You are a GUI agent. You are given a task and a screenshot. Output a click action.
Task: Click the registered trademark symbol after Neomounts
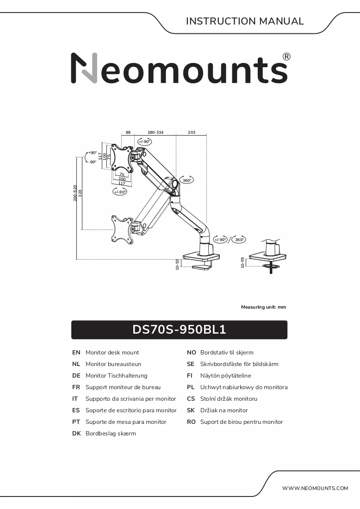286,57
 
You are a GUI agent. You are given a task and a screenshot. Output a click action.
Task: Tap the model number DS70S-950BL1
179,329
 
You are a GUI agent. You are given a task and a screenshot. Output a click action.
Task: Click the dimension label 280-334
155,132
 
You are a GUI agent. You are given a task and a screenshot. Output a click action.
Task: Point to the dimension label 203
192,132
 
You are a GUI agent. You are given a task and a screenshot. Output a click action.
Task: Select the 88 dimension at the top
128,132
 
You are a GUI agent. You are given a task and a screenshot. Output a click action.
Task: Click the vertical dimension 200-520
75,193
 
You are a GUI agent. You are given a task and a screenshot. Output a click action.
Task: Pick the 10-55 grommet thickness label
242,263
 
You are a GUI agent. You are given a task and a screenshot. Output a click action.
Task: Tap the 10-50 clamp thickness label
177,264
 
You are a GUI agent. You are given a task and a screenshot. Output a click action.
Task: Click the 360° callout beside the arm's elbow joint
186,180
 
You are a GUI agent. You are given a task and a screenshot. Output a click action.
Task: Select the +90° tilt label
93,153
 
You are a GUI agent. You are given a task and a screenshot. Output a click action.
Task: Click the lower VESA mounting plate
122,229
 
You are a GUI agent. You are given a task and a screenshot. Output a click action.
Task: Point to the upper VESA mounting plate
122,157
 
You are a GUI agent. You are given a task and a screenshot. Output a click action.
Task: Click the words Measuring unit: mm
264,307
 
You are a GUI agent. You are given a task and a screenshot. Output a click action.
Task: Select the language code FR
76,387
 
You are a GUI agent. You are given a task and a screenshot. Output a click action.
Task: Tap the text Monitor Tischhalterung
116,376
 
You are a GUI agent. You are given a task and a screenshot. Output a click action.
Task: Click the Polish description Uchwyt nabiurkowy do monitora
244,387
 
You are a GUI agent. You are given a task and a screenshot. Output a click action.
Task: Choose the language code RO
191,422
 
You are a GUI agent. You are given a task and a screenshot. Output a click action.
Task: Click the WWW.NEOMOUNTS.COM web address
315,488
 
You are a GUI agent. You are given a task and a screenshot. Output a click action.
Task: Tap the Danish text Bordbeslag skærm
111,434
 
